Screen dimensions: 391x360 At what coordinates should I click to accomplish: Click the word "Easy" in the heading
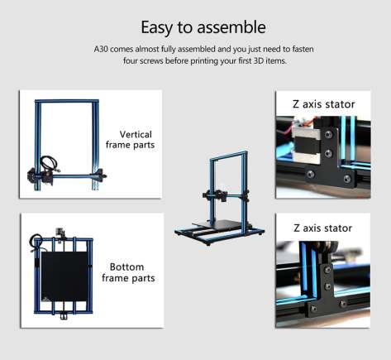pos(156,27)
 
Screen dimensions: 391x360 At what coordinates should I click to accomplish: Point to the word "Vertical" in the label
pos(136,134)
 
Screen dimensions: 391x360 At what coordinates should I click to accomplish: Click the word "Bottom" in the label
pos(126,266)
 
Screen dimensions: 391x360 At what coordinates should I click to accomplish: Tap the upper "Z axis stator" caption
pos(323,104)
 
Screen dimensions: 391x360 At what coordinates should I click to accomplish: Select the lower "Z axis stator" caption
pos(322,228)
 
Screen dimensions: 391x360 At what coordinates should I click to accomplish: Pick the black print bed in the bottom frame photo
pos(64,276)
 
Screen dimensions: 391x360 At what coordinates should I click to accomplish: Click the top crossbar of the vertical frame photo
pos(67,101)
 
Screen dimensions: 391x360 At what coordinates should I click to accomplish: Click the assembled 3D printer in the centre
pos(219,198)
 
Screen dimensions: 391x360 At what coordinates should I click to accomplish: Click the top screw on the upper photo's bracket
pos(328,135)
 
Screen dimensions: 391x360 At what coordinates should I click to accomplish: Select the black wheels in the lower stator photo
pos(327,247)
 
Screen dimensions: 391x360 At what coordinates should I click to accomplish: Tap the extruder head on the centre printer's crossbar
pos(221,194)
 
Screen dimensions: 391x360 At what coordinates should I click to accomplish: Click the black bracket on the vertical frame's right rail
pos(99,175)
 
